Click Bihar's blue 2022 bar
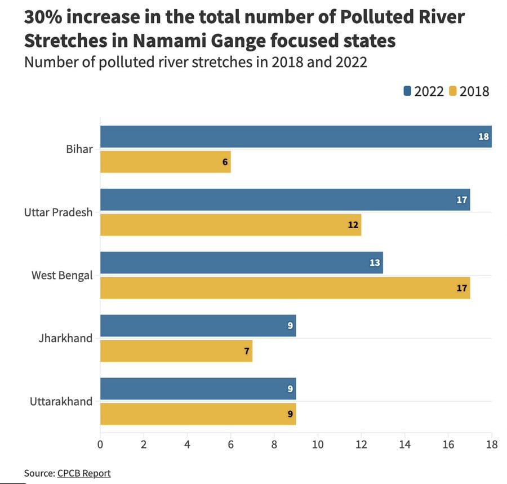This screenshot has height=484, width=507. pyautogui.click(x=296, y=136)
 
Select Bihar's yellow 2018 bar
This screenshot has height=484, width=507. pyautogui.click(x=165, y=162)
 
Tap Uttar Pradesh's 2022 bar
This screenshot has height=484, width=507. pyautogui.click(x=284, y=200)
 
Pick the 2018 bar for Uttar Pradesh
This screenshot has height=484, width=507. pyautogui.click(x=230, y=225)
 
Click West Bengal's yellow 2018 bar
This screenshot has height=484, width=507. pyautogui.click(x=284, y=288)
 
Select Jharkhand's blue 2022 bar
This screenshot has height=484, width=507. pyautogui.click(x=198, y=326)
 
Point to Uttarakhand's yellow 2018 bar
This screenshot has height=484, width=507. pyautogui.click(x=198, y=414)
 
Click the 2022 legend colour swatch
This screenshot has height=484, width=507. pyautogui.click(x=408, y=91)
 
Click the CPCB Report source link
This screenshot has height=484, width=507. pyautogui.click(x=84, y=473)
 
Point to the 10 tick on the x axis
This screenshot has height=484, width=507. pyautogui.click(x=318, y=444)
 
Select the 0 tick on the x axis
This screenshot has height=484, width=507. pyautogui.click(x=100, y=444)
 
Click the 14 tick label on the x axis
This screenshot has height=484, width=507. pyautogui.click(x=404, y=444)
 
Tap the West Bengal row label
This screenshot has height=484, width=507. pyautogui.click(x=62, y=276)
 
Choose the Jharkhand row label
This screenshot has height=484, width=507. pyautogui.click(x=65, y=339)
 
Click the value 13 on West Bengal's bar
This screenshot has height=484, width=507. pyautogui.click(x=375, y=263)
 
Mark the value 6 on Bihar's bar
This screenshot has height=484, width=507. pyautogui.click(x=225, y=162)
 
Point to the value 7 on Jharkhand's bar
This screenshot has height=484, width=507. pyautogui.click(x=247, y=351)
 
